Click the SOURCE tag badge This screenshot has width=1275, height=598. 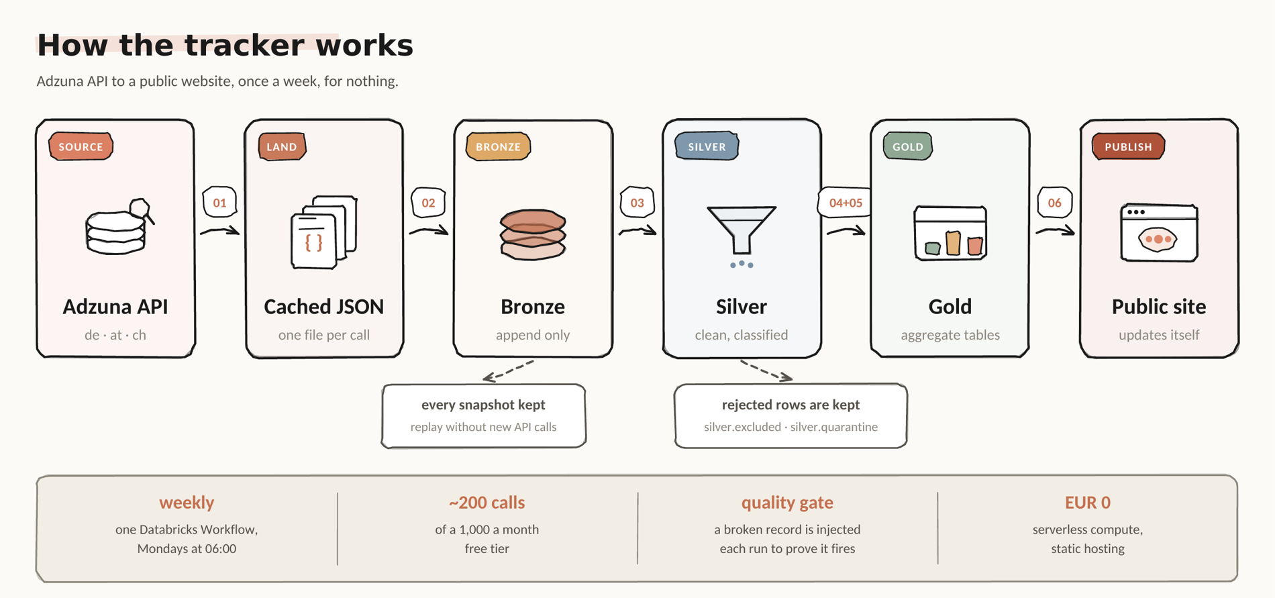pyautogui.click(x=81, y=146)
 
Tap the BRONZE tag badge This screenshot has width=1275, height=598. pyautogui.click(x=498, y=146)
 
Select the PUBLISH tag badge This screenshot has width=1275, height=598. pyautogui.click(x=1128, y=146)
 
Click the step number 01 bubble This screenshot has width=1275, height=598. pyautogui.click(x=219, y=202)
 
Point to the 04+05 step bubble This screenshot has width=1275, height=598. pyautogui.click(x=845, y=202)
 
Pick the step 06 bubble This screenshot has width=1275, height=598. pyautogui.click(x=1054, y=202)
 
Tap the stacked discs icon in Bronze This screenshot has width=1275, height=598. pyautogui.click(x=533, y=234)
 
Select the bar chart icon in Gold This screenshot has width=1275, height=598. pyautogui.click(x=950, y=233)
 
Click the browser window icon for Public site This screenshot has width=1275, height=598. pyautogui.click(x=1159, y=232)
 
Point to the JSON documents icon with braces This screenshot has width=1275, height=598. pyautogui.click(x=324, y=232)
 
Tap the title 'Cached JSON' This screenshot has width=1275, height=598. pyautogui.click(x=324, y=307)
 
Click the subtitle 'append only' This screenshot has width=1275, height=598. pyautogui.click(x=533, y=335)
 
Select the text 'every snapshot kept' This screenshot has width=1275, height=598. pyautogui.click(x=483, y=405)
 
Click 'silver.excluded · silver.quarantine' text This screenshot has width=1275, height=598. pyautogui.click(x=790, y=427)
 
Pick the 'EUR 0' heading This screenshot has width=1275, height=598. pyautogui.click(x=1088, y=502)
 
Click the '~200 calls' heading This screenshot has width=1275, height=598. pyautogui.click(x=487, y=502)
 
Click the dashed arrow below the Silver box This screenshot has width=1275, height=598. pyautogui.click(x=766, y=370)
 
